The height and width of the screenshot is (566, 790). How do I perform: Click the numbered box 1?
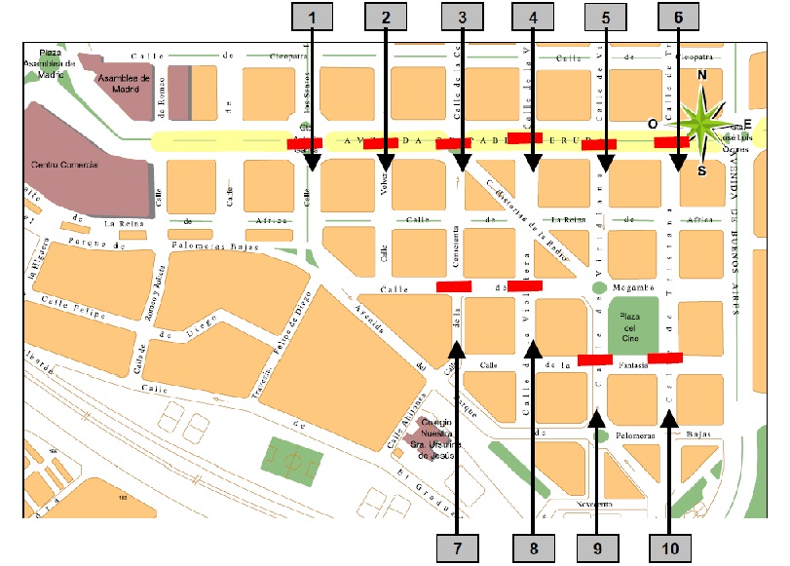[x=312, y=17]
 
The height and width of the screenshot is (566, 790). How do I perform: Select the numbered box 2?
[x=387, y=17]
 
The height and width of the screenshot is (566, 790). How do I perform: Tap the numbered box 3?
[x=461, y=17]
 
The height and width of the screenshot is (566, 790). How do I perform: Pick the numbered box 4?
[x=533, y=17]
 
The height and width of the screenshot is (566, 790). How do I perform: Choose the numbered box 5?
[x=605, y=17]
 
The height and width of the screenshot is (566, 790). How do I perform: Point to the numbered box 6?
[x=678, y=17]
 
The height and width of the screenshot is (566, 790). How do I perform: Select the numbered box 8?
[x=533, y=547]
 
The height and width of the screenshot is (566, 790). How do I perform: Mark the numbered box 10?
[x=668, y=547]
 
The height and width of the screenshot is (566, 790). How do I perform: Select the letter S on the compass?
[x=701, y=170]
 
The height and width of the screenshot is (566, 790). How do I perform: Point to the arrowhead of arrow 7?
[x=457, y=348]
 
